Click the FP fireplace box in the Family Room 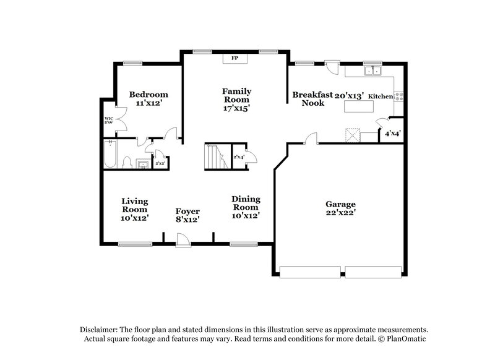235,58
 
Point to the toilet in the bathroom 127,163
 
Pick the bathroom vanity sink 142,164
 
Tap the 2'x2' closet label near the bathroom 160,163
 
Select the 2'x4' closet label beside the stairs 238,157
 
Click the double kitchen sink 372,71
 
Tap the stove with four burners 400,96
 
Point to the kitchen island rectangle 363,106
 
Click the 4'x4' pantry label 392,133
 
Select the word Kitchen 381,97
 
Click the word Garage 340,204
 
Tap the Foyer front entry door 182,238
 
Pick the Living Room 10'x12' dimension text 135,218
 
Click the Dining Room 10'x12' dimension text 245,216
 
